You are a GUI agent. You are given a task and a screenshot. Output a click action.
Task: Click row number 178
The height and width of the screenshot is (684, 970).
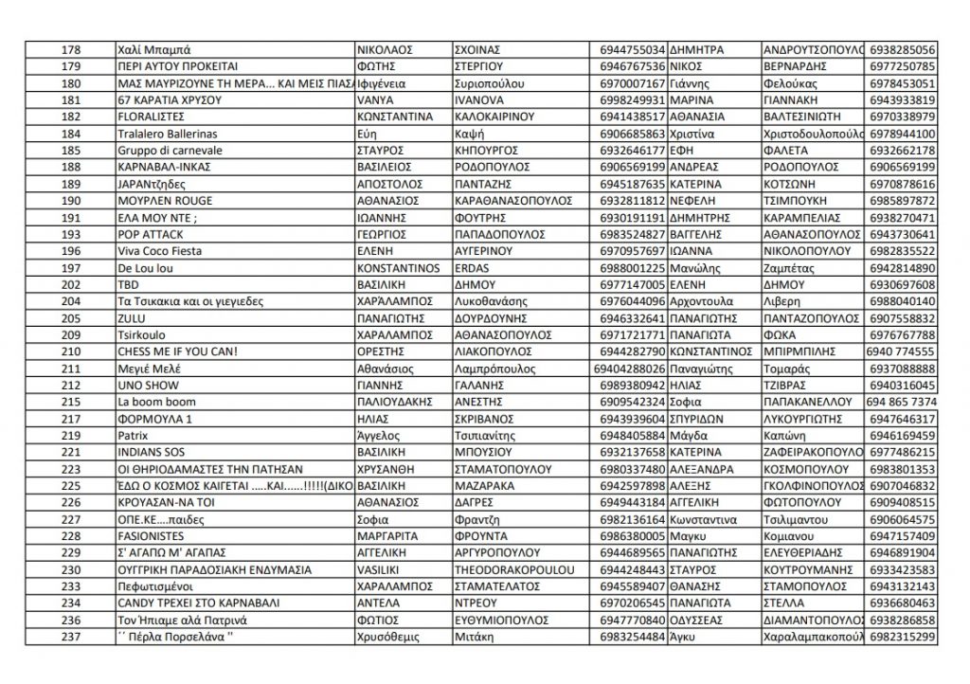coord(71,49)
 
